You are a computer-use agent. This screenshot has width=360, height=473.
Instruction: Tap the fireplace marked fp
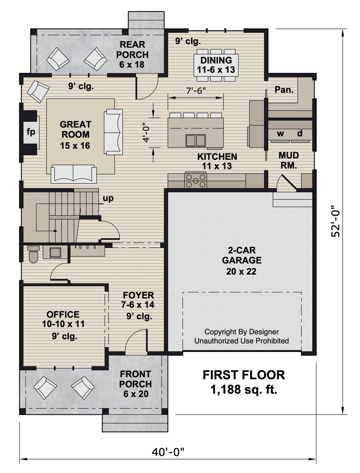click(x=31, y=132)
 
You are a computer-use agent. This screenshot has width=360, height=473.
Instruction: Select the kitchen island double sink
click(x=196, y=140)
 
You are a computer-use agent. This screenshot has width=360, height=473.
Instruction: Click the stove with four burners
click(x=196, y=181)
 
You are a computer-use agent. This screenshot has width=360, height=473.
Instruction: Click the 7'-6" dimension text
click(x=196, y=90)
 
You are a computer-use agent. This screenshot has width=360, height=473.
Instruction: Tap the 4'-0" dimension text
click(x=146, y=132)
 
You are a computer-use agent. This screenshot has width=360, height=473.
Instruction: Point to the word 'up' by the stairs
click(x=108, y=198)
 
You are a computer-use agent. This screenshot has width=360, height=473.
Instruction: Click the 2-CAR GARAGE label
click(x=241, y=255)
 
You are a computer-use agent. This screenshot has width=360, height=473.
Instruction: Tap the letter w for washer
click(x=280, y=133)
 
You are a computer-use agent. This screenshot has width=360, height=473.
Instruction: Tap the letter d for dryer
click(x=300, y=133)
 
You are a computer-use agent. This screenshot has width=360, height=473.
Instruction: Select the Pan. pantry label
click(x=284, y=89)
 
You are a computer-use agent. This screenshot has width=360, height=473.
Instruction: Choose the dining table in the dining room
click(x=216, y=65)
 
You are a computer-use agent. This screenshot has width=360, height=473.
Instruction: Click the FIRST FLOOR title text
click(x=244, y=375)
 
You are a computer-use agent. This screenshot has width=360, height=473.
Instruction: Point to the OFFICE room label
click(x=63, y=315)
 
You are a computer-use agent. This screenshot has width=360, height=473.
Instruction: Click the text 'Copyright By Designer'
click(x=241, y=332)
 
